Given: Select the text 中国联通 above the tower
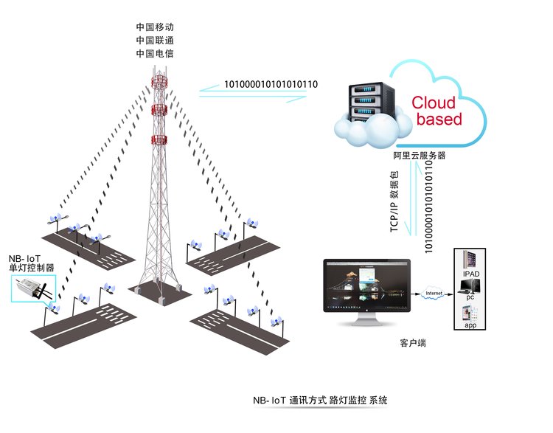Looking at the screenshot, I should click(155, 40).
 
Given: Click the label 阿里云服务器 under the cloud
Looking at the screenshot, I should click(419, 156).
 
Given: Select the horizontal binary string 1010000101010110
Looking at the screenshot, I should click(271, 84).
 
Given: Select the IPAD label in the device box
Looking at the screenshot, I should click(470, 274).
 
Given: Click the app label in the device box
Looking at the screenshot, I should click(470, 324).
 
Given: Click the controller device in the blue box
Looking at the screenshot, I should click(32, 288).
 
